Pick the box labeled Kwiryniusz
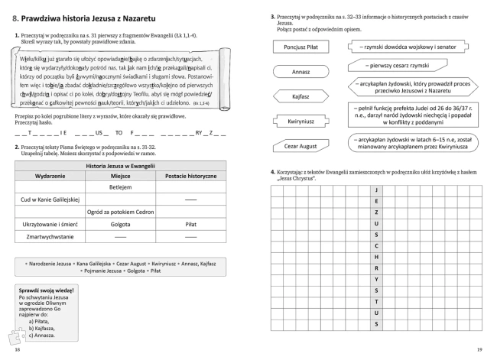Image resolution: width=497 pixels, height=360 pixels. coord(295,121)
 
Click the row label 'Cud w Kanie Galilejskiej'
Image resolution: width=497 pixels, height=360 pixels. coord(48,199)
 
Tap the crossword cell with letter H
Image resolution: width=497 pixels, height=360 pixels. coord(375,257)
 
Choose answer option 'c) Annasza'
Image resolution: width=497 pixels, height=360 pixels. coord(44,335)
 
